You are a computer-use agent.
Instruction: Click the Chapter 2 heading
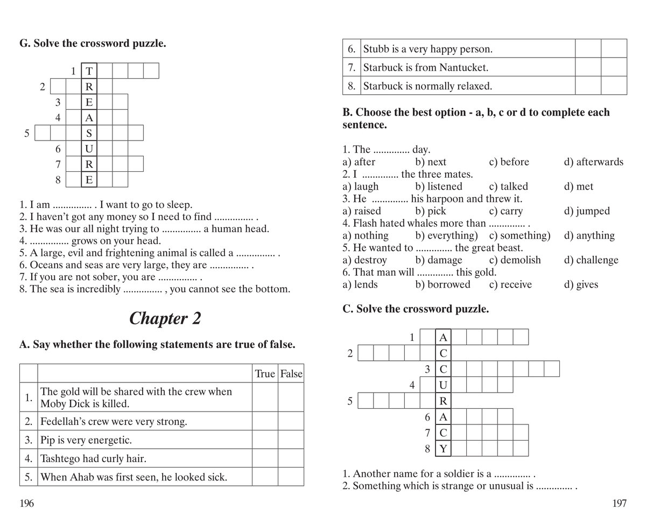165,319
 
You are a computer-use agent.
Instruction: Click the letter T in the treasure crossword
89,71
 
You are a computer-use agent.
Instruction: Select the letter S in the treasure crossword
89,133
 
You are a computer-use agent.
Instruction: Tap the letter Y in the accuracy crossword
443,448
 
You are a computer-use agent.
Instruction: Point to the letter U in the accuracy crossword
443,385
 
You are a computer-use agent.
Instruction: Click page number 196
27,504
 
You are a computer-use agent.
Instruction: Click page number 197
619,504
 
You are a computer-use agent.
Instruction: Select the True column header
264,374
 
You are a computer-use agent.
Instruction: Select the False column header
291,374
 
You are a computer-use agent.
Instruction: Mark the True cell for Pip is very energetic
264,440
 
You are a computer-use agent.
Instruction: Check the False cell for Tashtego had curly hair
291,459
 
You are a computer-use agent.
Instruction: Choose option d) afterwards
593,162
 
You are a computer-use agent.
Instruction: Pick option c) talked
508,186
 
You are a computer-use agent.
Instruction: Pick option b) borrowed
443,284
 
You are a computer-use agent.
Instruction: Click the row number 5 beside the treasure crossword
27,133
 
